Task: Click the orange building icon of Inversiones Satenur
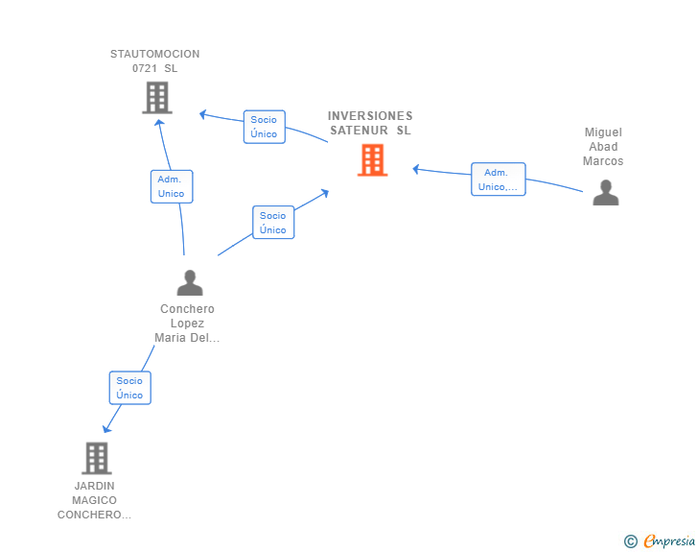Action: click(373, 160)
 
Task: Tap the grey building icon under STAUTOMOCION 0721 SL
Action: click(157, 98)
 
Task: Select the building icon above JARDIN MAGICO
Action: click(97, 458)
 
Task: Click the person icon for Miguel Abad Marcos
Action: click(605, 193)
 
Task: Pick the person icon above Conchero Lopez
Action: click(190, 282)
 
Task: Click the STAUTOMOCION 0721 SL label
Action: click(155, 61)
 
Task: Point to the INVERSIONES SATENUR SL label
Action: click(370, 123)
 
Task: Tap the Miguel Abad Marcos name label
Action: click(603, 147)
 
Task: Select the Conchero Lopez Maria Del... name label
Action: click(187, 324)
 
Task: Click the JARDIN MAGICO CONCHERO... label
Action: click(94, 500)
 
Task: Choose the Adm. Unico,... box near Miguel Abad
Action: click(499, 180)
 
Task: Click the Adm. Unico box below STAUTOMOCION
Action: click(172, 186)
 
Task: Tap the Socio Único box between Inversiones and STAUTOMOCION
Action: click(265, 127)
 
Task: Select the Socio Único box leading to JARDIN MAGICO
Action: click(130, 388)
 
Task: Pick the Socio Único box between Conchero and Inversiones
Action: click(273, 222)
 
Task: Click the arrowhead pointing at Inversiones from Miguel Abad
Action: click(416, 169)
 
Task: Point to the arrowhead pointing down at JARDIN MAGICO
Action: click(106, 428)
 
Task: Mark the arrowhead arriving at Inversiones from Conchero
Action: click(325, 193)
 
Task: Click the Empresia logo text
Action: click(669, 540)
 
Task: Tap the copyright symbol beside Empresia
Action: click(630, 541)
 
